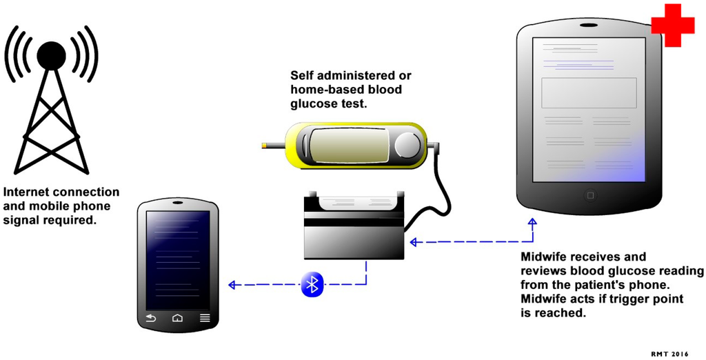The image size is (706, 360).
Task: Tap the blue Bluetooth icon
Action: pos(312,284)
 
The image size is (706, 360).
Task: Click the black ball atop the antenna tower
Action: pos(52,55)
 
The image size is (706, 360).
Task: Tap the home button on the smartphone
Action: pos(177,318)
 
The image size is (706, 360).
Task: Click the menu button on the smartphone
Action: pos(205,318)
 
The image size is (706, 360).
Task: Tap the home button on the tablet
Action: pos(589,195)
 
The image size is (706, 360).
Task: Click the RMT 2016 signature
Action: pos(669,353)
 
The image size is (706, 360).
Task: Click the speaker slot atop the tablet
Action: pos(589,26)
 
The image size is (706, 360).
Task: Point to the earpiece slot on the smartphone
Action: pos(178,203)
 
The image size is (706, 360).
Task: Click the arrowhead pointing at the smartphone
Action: pos(233,284)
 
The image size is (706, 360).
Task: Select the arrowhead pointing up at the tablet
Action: pos(532,222)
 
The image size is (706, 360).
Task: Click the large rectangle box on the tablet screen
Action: pos(589,92)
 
